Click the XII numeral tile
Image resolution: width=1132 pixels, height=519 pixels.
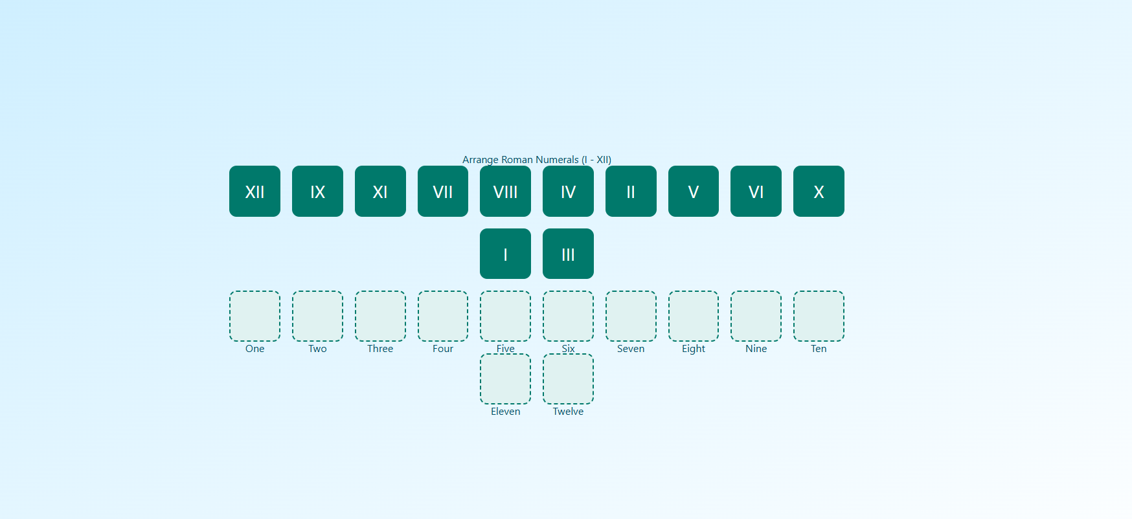click(255, 191)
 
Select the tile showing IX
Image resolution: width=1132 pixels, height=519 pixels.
click(317, 191)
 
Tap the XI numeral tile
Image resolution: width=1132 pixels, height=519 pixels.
click(380, 191)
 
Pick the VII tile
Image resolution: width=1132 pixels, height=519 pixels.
click(443, 191)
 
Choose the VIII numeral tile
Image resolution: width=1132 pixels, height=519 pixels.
click(505, 191)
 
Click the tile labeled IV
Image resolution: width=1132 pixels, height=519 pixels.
click(568, 191)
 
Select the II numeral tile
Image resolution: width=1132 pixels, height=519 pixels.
click(631, 191)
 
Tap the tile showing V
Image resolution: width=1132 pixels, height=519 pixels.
click(693, 191)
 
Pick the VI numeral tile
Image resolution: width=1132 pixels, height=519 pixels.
click(756, 191)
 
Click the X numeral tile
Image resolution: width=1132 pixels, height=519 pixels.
click(819, 191)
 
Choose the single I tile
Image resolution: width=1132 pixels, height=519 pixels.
click(505, 254)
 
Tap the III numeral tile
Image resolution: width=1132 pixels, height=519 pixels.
click(568, 254)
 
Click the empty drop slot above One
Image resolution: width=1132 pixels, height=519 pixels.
click(255, 316)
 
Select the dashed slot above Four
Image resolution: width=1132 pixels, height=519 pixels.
click(443, 316)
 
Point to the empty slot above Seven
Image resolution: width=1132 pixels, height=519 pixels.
click(631, 316)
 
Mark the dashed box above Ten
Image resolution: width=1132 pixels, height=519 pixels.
click(819, 316)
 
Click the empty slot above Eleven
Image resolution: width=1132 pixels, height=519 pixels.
click(505, 379)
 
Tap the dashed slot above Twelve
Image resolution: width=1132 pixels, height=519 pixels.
click(568, 379)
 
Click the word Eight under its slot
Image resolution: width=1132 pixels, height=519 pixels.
click(693, 349)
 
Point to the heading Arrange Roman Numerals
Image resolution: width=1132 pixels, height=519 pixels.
click(536, 159)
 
